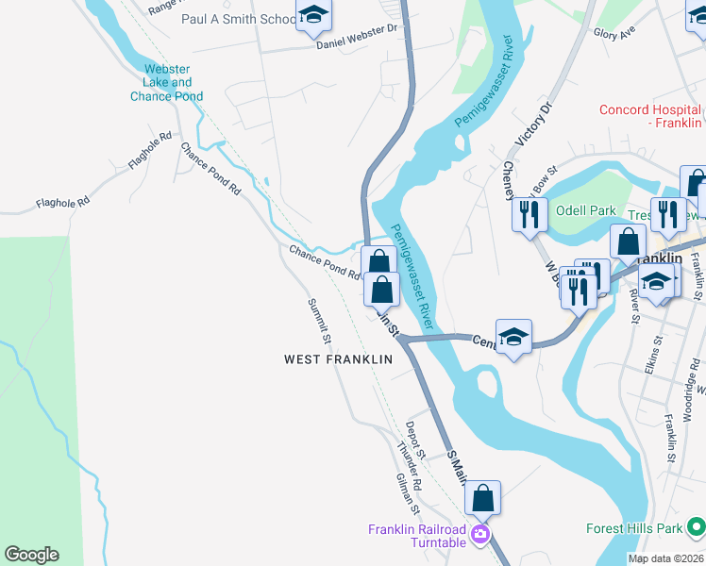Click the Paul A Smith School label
coord(238,19)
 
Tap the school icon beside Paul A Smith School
coord(313,15)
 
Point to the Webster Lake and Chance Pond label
coord(167,82)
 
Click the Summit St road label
coord(320,321)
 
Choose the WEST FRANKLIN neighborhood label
coord(338,359)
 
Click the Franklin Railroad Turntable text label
coord(417,536)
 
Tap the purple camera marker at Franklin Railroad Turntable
coord(480,535)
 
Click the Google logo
coord(31,555)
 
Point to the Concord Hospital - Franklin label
coord(651,117)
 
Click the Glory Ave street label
coord(614,33)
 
